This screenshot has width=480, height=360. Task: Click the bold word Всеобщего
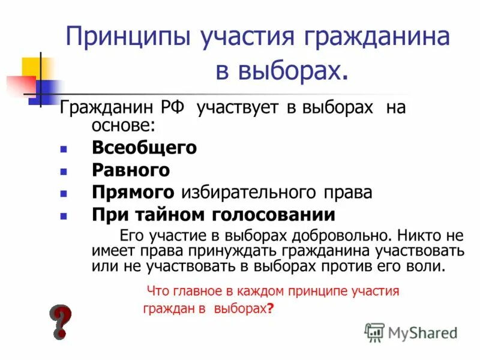pyautogui.click(x=144, y=148)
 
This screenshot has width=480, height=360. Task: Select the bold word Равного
pyautogui.click(x=131, y=170)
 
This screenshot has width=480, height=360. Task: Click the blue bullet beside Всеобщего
pyautogui.click(x=64, y=148)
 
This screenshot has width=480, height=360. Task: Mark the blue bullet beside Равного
pyautogui.click(x=64, y=171)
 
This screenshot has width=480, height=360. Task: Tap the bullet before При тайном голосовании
pyautogui.click(x=64, y=215)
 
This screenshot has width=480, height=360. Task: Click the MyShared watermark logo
pyautogui.click(x=412, y=332)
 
